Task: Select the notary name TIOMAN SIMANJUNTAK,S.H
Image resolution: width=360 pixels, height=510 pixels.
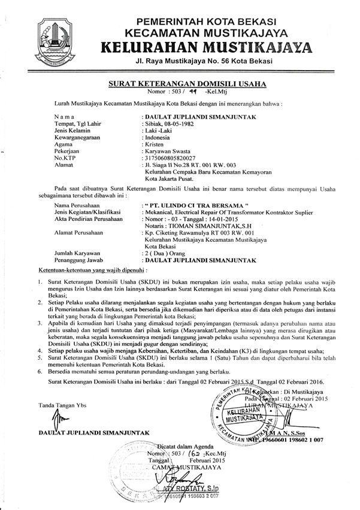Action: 201,228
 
